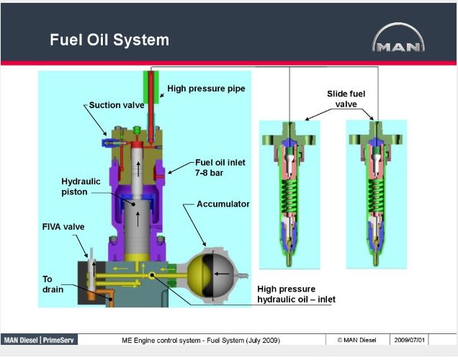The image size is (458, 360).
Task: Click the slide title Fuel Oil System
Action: tap(109, 39)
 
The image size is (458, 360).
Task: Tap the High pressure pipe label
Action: tap(206, 89)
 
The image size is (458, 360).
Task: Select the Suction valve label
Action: tap(117, 105)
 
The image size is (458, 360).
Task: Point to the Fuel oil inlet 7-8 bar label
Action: tap(220, 167)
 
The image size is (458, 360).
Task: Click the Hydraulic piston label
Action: tap(81, 186)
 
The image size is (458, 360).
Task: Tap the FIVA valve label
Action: tap(63, 227)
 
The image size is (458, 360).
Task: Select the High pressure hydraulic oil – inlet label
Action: tap(296, 294)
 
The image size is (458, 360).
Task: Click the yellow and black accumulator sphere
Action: tap(210, 274)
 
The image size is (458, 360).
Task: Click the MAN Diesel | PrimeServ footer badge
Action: tap(40, 340)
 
